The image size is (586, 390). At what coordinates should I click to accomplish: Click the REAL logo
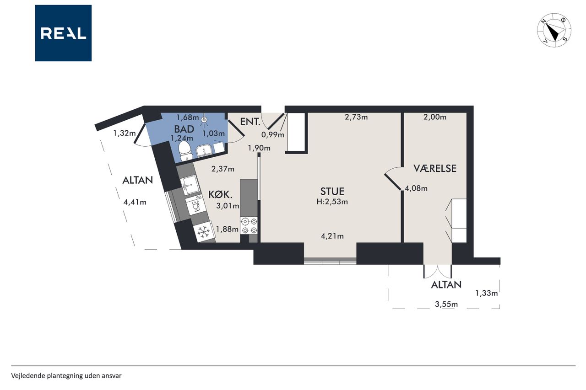(x=63, y=33)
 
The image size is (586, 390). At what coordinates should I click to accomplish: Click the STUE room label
(x=332, y=192)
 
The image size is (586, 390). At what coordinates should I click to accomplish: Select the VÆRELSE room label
(x=435, y=169)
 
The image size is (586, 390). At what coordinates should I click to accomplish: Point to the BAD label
(x=184, y=129)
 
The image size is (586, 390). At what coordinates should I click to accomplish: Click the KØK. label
(x=220, y=195)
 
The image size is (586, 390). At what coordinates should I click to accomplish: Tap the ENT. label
(x=250, y=122)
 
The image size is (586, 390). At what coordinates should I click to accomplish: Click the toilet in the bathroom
(x=186, y=151)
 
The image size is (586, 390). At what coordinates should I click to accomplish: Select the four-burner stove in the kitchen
(x=249, y=225)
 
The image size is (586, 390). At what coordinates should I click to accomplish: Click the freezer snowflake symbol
(x=204, y=232)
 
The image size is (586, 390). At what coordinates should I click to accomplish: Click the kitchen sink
(x=190, y=185)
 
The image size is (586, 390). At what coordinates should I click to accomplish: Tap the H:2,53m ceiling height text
(x=332, y=202)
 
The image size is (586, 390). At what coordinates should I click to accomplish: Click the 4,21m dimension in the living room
(x=332, y=236)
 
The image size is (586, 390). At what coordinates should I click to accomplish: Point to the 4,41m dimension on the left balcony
(x=135, y=202)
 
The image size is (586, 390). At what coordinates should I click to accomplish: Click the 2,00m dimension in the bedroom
(x=435, y=117)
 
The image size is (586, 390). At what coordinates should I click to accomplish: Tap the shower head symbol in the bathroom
(x=204, y=120)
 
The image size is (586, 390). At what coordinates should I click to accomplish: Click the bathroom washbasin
(x=204, y=151)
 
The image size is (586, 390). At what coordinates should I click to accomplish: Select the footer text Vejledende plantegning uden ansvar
(x=66, y=376)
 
